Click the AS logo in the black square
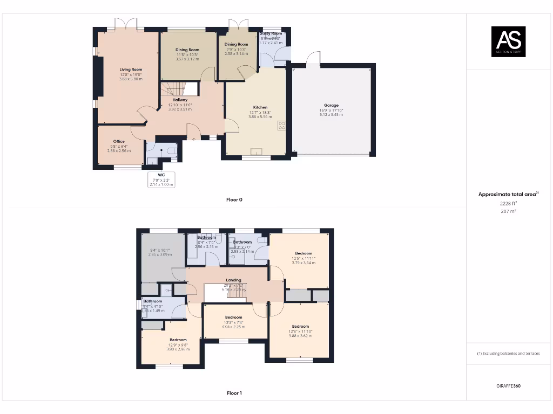pyautogui.click(x=508, y=41)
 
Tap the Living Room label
pyautogui.click(x=131, y=70)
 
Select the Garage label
pyautogui.click(x=331, y=106)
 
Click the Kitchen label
pyautogui.click(x=260, y=107)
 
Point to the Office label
pyautogui.click(x=119, y=141)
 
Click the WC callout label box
pyautogui.click(x=161, y=180)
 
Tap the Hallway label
pyautogui.click(x=180, y=100)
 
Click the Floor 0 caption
pyautogui.click(x=234, y=199)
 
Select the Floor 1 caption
pyautogui.click(x=234, y=393)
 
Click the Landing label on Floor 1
pyautogui.click(x=233, y=280)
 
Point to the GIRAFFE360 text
pyautogui.click(x=509, y=386)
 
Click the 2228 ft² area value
pyautogui.click(x=508, y=203)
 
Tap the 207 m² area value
pyautogui.click(x=508, y=211)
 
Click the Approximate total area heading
pyautogui.click(x=508, y=195)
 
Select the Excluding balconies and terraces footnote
pyautogui.click(x=508, y=354)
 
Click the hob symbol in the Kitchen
pyautogui.click(x=281, y=126)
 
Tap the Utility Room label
pyautogui.click(x=271, y=33)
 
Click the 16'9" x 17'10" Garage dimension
pyautogui.click(x=331, y=111)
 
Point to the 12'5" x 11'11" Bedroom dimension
pyautogui.click(x=303, y=258)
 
